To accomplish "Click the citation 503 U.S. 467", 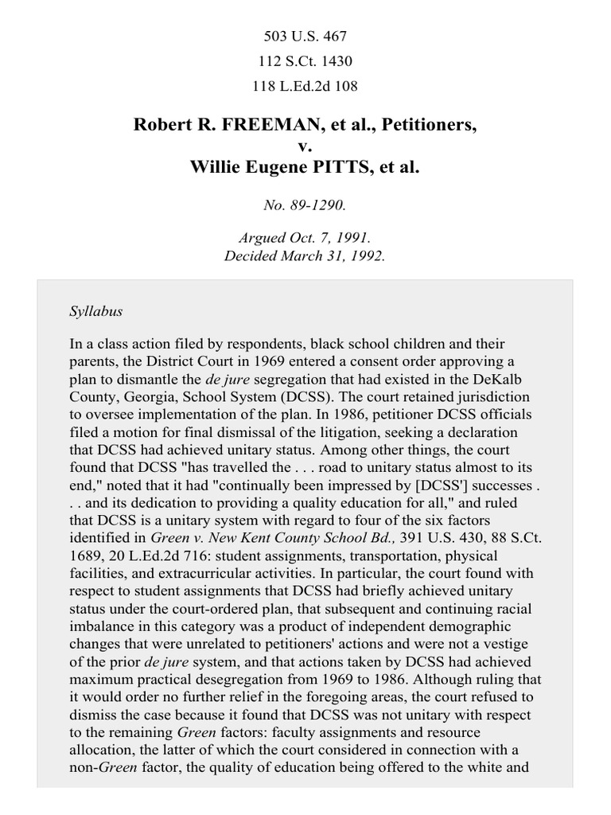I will click(x=305, y=37).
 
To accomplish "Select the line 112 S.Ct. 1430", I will click(x=305, y=60).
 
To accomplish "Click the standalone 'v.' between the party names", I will click(x=305, y=146).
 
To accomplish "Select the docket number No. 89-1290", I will click(x=305, y=205).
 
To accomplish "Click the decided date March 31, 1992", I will click(x=334, y=256).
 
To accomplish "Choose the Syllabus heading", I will click(x=95, y=311).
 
